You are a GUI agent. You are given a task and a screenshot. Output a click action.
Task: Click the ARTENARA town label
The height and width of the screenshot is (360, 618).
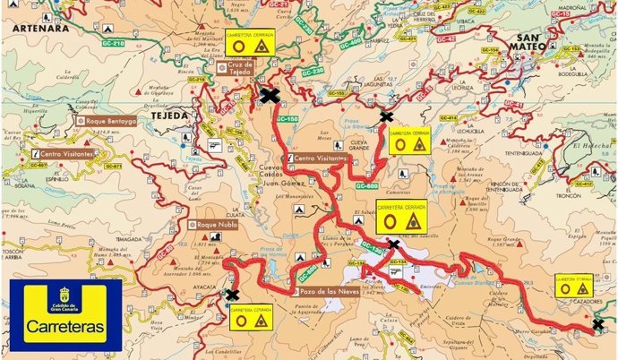click(x=35, y=28)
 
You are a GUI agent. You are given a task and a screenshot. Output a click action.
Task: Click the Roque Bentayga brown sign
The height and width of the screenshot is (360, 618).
click(x=107, y=120)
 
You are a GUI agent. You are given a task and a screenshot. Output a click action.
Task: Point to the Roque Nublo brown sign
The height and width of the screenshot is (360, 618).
click(x=217, y=224)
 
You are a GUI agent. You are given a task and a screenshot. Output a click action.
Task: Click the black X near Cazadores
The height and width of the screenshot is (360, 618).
click(x=598, y=325)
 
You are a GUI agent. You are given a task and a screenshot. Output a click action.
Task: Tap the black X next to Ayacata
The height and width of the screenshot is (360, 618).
click(x=233, y=294)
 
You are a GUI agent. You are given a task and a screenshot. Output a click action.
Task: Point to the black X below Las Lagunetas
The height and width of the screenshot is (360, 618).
click(x=386, y=116)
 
